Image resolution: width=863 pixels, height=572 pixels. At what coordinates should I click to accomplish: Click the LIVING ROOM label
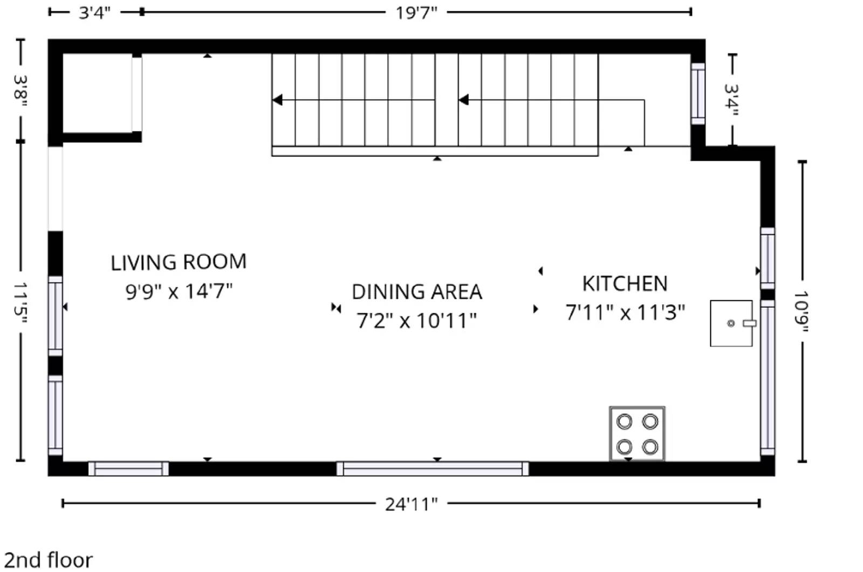point(179,263)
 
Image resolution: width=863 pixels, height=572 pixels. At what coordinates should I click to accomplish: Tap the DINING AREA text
point(416,292)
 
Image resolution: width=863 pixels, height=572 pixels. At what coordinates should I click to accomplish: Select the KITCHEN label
point(625,284)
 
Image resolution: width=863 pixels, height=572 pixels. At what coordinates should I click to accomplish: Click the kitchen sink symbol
point(731,323)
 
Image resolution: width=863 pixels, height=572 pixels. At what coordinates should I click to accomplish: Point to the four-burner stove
point(637,434)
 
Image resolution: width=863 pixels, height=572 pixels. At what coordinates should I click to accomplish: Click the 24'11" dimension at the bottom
point(411,504)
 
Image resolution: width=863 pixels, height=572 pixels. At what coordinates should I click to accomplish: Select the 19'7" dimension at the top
point(416,12)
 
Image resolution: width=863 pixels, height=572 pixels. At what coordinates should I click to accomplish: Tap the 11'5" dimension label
point(20,302)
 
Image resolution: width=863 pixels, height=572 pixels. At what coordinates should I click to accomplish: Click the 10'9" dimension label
point(802,312)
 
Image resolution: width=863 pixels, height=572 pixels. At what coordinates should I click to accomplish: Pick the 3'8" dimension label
point(20,90)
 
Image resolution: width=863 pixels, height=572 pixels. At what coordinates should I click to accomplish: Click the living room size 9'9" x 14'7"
point(179,292)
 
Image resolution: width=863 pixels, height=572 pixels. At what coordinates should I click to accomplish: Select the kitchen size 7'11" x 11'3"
point(625,313)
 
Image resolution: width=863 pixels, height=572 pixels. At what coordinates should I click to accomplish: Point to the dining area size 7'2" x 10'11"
point(416,321)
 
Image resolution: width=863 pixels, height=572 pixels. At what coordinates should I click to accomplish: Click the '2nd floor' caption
point(49,560)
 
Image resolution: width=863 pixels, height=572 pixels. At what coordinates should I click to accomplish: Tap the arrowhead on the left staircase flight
point(277,100)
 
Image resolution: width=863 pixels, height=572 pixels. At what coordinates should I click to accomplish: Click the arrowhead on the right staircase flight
point(463,100)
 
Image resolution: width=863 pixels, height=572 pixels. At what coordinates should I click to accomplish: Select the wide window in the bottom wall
point(433,468)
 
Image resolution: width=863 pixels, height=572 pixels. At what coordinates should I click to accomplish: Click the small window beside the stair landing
point(698,94)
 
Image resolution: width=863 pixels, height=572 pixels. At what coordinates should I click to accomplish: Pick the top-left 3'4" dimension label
point(95,12)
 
